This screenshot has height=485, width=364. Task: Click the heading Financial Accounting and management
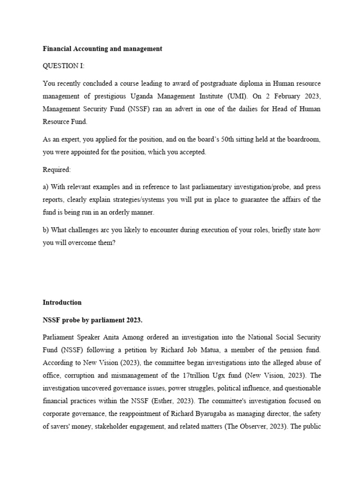tap(102, 49)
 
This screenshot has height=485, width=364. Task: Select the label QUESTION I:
tap(64, 66)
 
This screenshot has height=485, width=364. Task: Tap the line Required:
tap(56, 169)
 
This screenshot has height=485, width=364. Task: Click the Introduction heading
tap(62, 302)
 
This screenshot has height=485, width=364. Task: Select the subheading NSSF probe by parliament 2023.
tap(92, 320)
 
